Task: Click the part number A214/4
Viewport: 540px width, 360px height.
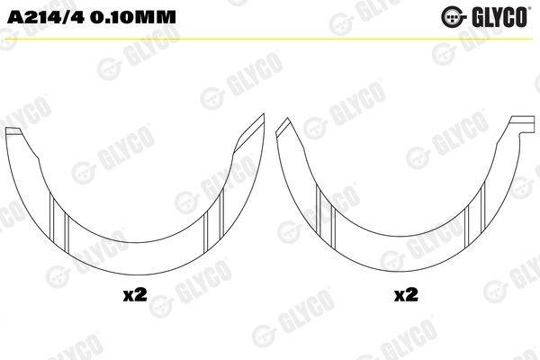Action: (46, 17)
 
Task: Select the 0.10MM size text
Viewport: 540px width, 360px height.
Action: (133, 17)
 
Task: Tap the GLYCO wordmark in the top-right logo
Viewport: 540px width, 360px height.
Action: (499, 16)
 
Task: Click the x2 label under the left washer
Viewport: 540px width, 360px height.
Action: (135, 295)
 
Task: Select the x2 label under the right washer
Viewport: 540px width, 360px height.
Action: (406, 295)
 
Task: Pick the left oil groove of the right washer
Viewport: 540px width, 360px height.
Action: (326, 216)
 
